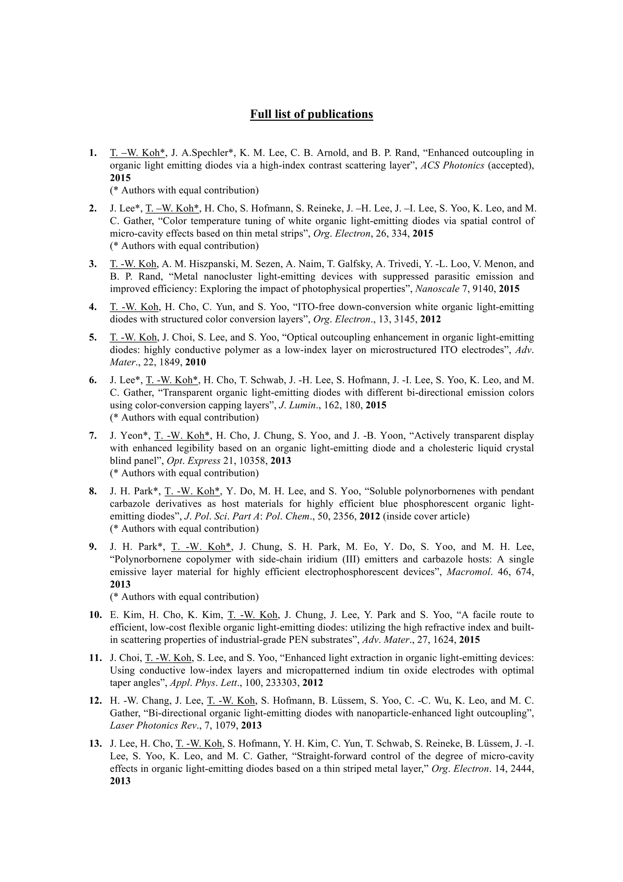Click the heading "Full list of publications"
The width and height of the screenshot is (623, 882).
(311, 114)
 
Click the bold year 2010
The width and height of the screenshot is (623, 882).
(196, 362)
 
